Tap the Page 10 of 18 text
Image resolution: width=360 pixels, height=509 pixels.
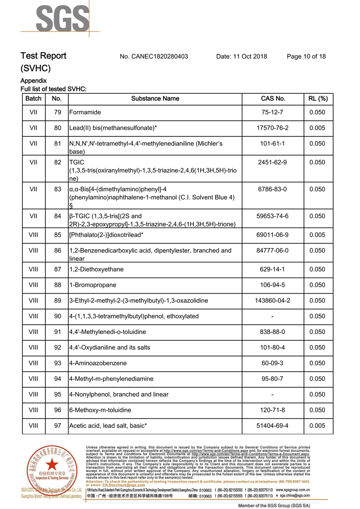306,56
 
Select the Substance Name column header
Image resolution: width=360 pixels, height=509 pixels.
155,99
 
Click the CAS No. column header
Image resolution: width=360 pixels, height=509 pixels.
273,99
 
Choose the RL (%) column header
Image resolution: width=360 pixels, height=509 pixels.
317,99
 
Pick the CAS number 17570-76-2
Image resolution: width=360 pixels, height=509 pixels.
272,128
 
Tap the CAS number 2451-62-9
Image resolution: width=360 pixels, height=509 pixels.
272,162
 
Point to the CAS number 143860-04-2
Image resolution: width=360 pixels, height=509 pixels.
272,300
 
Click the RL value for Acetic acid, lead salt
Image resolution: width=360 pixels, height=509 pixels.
317,426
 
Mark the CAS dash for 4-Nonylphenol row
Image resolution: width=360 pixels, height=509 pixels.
272,395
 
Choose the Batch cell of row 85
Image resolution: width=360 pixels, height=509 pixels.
33,235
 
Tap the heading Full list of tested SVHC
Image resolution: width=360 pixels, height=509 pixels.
54,89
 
